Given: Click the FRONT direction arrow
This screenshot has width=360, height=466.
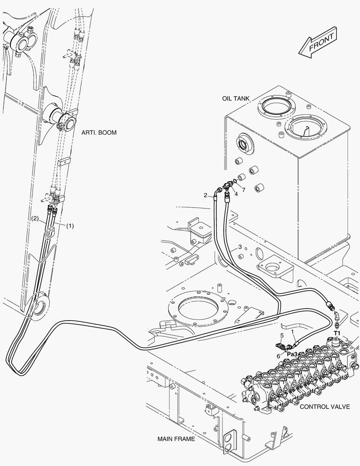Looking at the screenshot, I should click(x=318, y=44).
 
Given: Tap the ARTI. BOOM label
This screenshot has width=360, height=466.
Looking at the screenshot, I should click(x=99, y=132).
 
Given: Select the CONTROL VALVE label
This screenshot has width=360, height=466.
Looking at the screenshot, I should click(x=325, y=406).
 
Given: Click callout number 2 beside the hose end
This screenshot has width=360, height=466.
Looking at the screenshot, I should click(x=206, y=195).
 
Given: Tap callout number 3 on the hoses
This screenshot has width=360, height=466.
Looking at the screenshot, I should click(x=240, y=248).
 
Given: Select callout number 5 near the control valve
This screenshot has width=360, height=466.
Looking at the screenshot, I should click(x=282, y=335).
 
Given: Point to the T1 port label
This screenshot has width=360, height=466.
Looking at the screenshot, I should click(x=338, y=333).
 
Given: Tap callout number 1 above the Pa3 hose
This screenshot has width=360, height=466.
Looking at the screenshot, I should click(x=293, y=332).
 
